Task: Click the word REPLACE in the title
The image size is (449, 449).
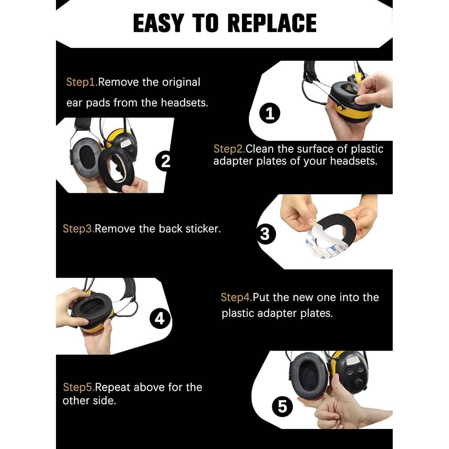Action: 272,23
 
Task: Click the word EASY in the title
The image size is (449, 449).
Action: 158,23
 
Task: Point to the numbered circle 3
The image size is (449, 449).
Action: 265,234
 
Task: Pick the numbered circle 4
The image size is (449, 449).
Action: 160,318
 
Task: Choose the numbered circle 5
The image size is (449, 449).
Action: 283,406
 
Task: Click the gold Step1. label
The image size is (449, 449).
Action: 82,82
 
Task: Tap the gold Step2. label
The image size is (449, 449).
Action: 229,149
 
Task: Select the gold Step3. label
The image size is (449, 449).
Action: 79,229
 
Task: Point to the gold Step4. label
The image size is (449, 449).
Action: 237,298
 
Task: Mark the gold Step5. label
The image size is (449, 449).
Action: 79,387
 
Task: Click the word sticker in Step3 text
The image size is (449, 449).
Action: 203,229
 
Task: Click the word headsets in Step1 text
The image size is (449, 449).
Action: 184,103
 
